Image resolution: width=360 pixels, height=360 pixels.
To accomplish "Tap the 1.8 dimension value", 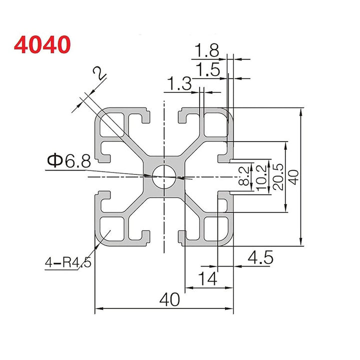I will point(207,50).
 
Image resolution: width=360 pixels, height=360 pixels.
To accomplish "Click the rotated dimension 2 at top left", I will point(99,74).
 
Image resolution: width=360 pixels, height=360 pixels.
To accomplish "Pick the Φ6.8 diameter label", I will point(69,161).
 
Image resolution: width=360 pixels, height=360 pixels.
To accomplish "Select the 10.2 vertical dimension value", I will point(260,176).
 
